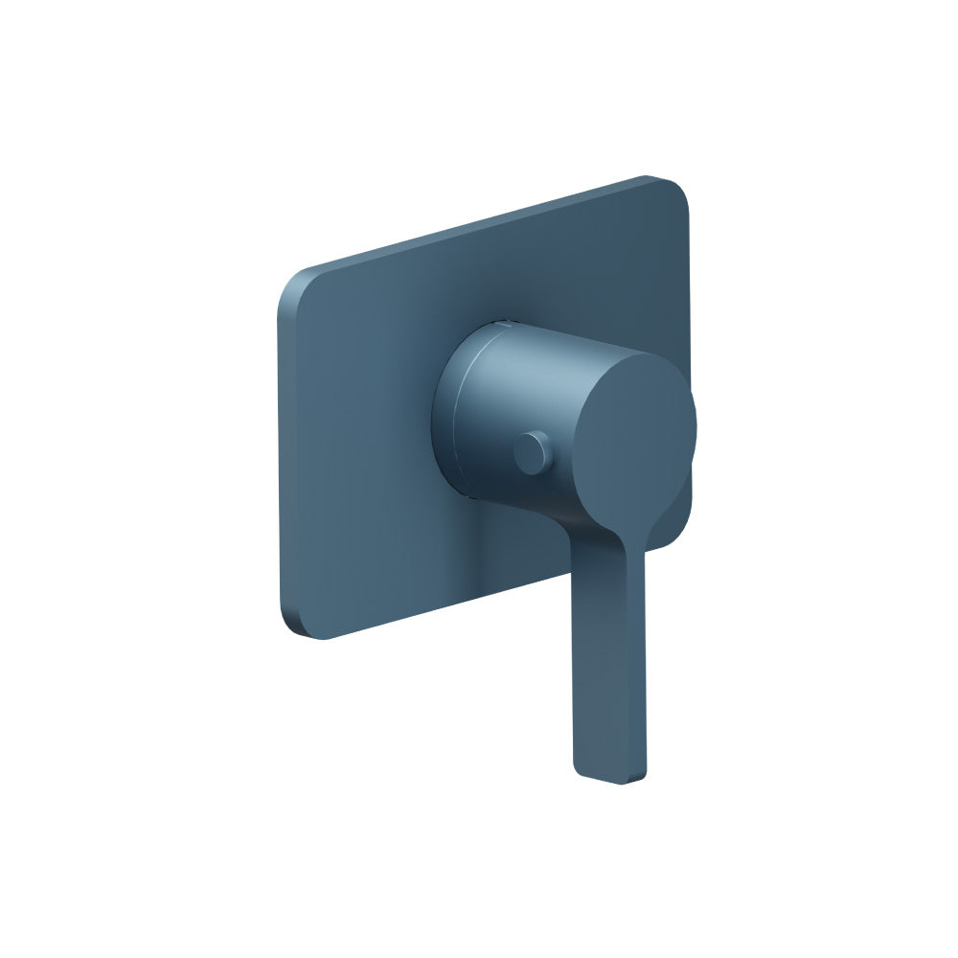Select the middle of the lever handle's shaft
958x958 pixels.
point(608,661)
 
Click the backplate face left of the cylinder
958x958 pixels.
point(364,431)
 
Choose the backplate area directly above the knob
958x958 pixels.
point(556,278)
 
